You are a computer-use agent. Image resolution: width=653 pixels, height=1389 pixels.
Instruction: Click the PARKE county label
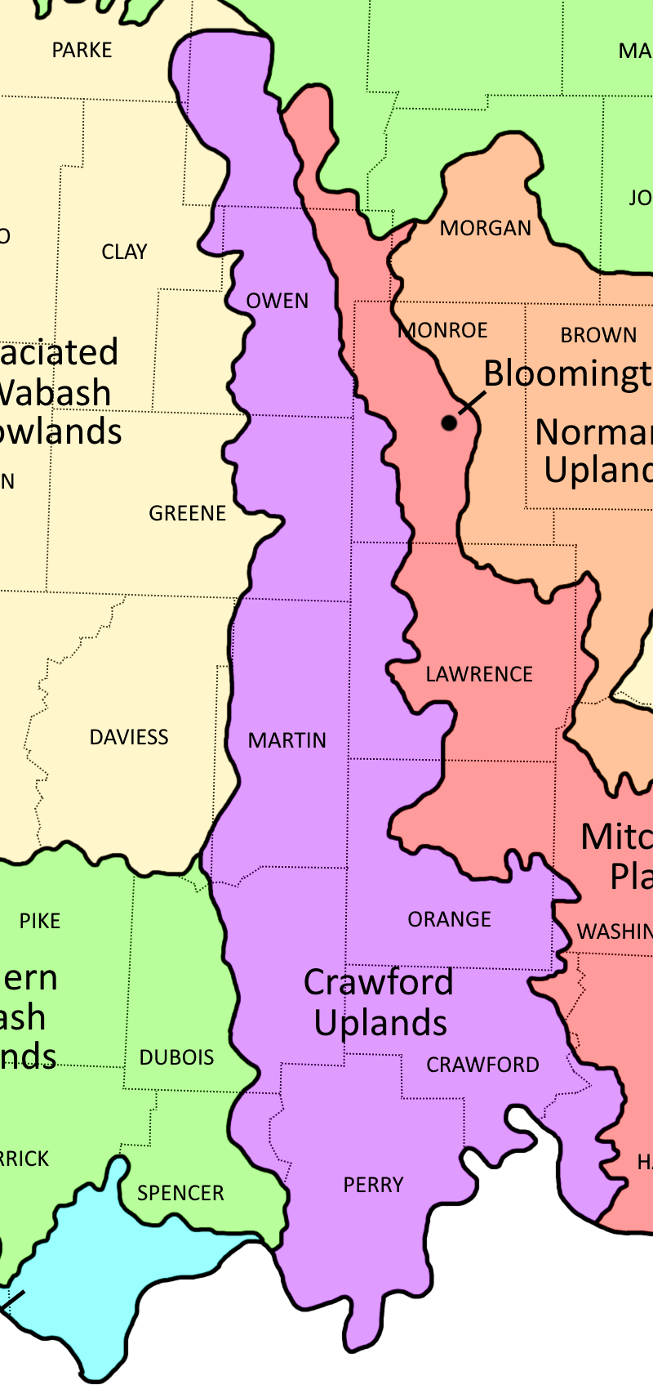coord(82,51)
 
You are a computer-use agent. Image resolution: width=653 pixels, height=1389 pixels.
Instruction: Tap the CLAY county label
coord(124,252)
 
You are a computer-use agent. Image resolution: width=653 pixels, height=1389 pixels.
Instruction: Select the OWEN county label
coord(278,301)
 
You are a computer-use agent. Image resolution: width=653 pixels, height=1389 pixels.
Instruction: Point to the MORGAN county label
coord(486,228)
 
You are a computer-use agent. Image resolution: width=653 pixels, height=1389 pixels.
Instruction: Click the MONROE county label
coord(445,330)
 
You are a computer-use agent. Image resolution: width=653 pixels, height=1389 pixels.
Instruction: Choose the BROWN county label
coord(598,335)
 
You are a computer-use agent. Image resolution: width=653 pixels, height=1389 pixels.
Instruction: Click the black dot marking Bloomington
coord(449,422)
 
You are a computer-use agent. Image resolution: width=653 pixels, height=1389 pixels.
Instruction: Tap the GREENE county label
coord(187,513)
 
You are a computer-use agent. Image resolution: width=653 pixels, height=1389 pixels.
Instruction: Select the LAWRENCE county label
coord(479,674)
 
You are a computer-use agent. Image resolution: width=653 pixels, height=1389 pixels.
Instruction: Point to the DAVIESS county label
coord(129,737)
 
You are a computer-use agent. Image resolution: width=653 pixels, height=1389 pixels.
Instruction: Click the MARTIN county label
coord(287,740)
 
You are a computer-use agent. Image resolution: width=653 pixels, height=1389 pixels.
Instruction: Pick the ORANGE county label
coord(449,919)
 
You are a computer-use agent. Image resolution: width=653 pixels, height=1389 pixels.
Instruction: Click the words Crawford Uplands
coord(380,1003)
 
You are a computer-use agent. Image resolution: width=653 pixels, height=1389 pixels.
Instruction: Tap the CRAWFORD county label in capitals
coord(482,1065)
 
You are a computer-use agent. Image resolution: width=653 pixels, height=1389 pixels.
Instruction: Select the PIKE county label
coord(40,921)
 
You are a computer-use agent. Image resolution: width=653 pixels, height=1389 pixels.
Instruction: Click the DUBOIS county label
coord(176,1057)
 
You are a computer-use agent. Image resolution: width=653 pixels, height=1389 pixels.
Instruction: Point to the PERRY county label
coord(373,1185)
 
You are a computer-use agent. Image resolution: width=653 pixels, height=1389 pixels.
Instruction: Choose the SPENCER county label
coord(180,1193)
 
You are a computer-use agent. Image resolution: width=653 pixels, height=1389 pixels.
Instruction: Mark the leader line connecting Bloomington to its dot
coord(472,402)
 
